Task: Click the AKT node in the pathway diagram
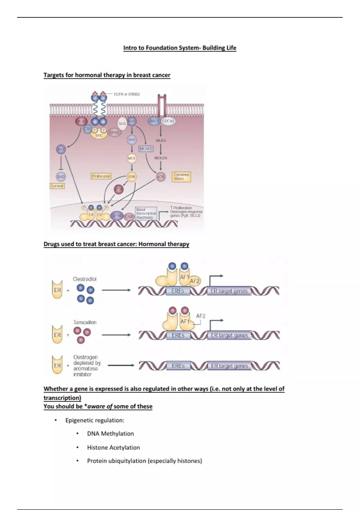point(61,149)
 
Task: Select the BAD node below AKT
point(61,177)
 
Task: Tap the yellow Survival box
point(57,186)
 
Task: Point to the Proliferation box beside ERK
point(101,176)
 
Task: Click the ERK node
point(132,177)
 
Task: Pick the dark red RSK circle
point(119,189)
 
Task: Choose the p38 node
point(161,177)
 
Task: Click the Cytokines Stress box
point(182,177)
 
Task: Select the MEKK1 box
point(146,148)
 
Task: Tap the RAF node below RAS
point(132,139)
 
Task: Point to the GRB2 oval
point(114,132)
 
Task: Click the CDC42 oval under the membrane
point(168,121)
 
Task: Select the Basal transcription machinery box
point(146,213)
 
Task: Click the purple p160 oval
point(117,216)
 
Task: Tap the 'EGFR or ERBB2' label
point(127,94)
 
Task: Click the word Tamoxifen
point(85,322)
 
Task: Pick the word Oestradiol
point(85,279)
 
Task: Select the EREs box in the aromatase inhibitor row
point(178,366)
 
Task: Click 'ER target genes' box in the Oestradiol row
point(229,291)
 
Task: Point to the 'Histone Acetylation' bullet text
point(113,447)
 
